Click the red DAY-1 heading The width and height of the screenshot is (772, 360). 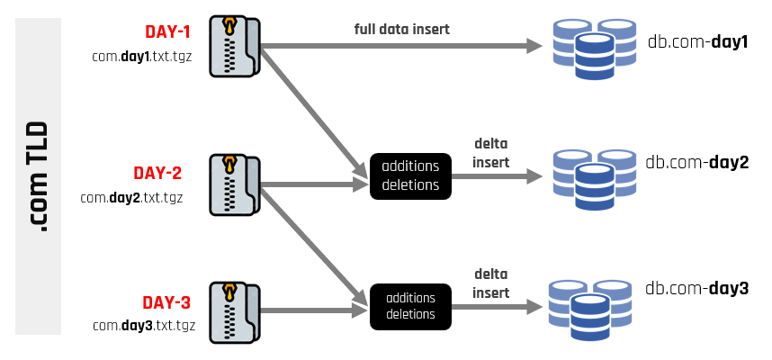[167, 33]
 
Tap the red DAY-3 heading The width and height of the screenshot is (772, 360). [167, 302]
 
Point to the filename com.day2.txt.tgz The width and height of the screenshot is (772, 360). [131, 196]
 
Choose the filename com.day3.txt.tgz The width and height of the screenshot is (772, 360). [141, 325]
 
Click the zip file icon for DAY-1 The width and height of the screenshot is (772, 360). [233, 46]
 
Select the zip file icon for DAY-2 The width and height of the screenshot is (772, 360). [233, 184]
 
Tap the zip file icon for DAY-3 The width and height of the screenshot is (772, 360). [233, 312]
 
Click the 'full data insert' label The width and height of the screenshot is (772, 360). [401, 30]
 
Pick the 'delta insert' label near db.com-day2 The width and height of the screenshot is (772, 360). [490, 154]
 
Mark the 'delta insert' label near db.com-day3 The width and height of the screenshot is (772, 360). [490, 283]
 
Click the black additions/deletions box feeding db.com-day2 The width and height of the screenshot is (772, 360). [410, 175]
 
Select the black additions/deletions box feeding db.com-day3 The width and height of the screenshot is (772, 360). [410, 306]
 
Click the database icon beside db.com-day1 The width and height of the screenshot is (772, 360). [594, 49]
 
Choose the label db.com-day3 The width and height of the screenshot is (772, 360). [696, 289]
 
